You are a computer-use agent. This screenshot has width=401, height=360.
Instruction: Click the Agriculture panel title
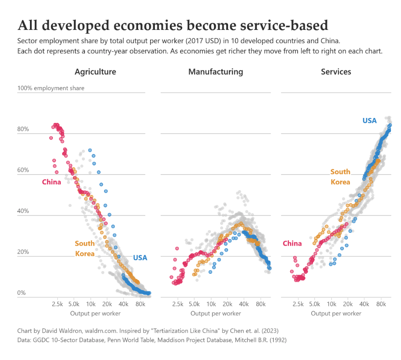tap(95, 72)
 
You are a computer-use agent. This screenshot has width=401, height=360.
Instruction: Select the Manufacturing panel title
tap(215, 72)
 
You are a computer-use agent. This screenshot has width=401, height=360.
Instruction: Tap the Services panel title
tap(336, 72)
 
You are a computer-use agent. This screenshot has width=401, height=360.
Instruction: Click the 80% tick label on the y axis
tap(23, 129)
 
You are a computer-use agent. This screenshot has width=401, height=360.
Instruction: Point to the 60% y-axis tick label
tap(23, 170)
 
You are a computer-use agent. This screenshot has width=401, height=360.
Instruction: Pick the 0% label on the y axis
tap(22, 293)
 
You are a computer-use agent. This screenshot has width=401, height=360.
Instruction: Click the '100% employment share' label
tap(51, 88)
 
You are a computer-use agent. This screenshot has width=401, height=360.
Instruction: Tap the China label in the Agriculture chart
tap(52, 182)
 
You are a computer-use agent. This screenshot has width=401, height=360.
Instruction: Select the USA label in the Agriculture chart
tap(140, 258)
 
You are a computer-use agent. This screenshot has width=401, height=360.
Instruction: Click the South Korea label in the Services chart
tap(340, 177)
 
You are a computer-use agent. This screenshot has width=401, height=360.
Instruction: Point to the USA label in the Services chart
tap(369, 121)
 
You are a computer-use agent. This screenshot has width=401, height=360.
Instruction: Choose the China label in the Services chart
tap(292, 243)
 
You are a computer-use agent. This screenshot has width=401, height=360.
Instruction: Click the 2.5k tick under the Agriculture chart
tap(58, 304)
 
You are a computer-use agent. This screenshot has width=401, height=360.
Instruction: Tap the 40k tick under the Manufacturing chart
tap(244, 304)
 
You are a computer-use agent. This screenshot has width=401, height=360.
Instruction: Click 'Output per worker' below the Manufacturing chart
tap(216, 313)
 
